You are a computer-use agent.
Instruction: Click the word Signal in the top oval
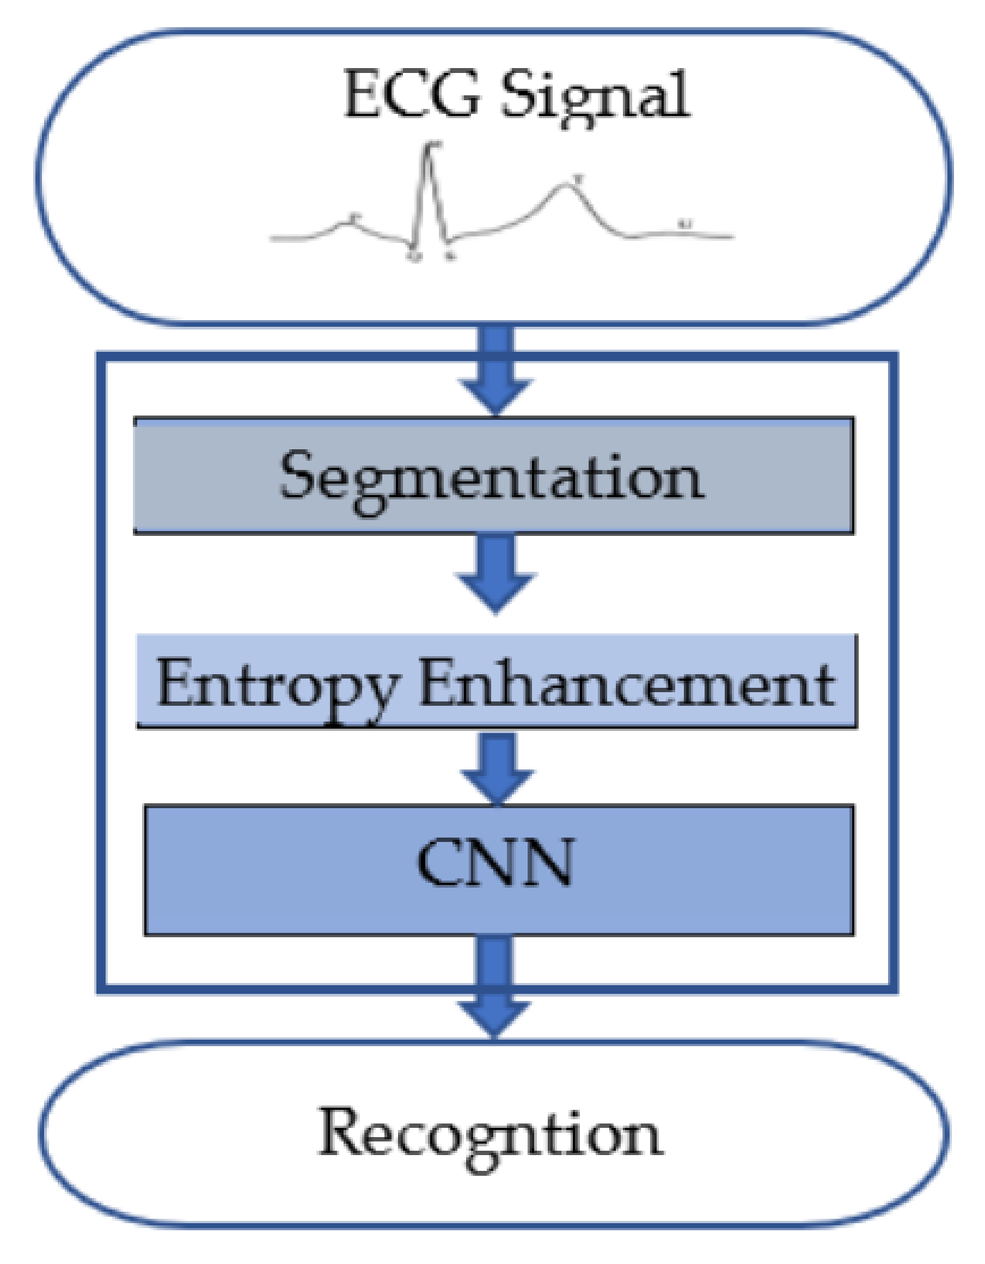pyautogui.click(x=595, y=95)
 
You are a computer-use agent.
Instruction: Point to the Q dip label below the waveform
pyautogui.click(x=414, y=256)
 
